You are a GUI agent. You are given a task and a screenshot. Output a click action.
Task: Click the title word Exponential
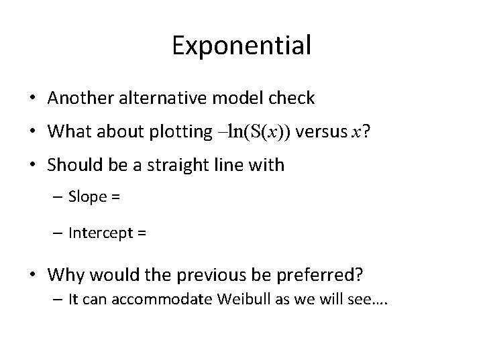(x=241, y=46)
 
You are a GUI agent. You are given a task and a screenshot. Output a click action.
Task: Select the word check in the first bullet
(x=291, y=98)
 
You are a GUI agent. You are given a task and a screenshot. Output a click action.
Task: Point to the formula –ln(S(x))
(x=253, y=131)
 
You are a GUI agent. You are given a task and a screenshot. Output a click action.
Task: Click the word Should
(x=73, y=165)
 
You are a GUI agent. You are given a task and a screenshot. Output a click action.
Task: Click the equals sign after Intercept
(x=143, y=233)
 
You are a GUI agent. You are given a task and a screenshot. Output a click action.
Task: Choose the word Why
(x=64, y=276)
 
